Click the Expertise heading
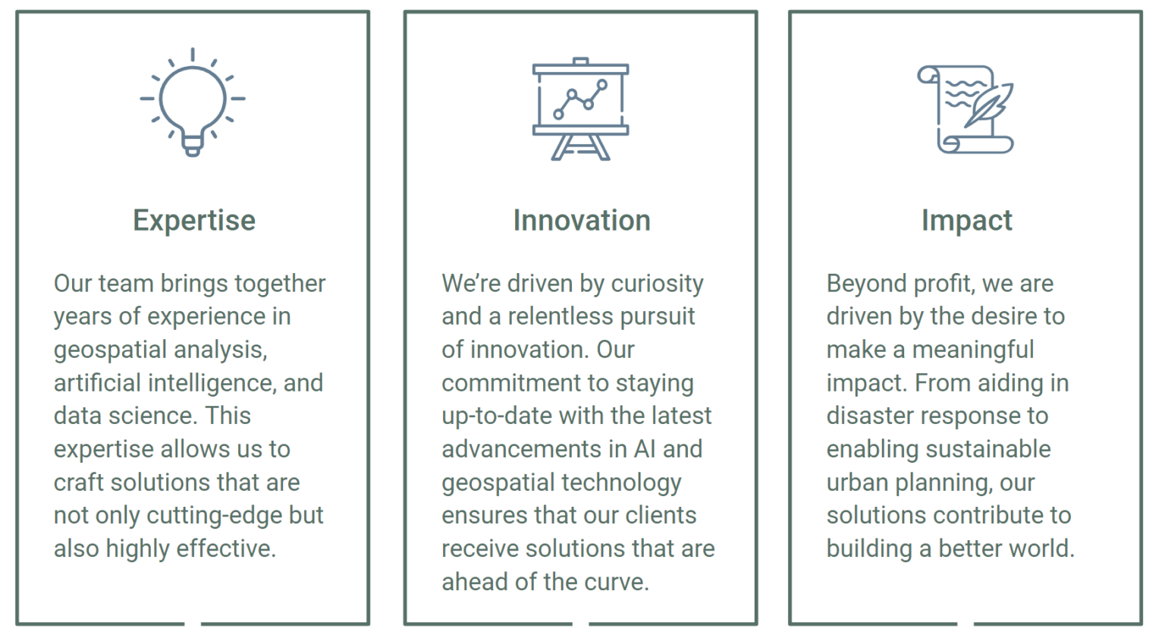coord(194,221)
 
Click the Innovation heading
coord(582,220)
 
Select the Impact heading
coord(966,221)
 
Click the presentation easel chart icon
coord(580,108)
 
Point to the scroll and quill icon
coord(966,109)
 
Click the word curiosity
coord(657,284)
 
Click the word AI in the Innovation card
coord(645,449)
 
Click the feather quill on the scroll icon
coord(989,105)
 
